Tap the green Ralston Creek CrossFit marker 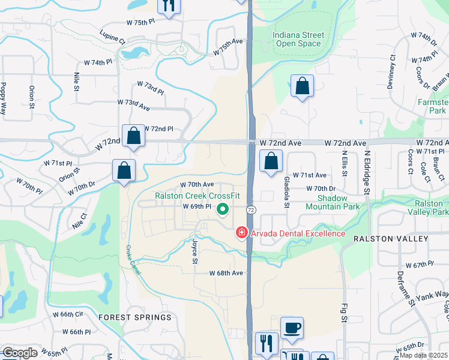tap(223, 209)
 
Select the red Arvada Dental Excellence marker tap(242, 232)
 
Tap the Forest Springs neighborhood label tap(135, 317)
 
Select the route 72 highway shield tap(251, 209)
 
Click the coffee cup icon tap(292, 328)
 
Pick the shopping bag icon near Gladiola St tap(271, 161)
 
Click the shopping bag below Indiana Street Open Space tap(302, 86)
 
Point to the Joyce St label tap(194, 252)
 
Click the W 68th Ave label tap(226, 273)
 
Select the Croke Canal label tap(133, 261)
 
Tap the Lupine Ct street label tap(112, 37)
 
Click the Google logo tap(20, 353)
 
